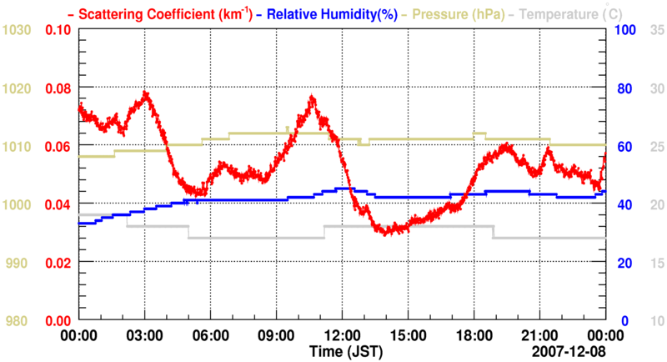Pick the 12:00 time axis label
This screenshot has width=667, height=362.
[342, 335]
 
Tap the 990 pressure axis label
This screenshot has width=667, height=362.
[20, 263]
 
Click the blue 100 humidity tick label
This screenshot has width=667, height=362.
[625, 30]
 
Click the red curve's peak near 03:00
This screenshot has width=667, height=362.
[146, 93]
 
